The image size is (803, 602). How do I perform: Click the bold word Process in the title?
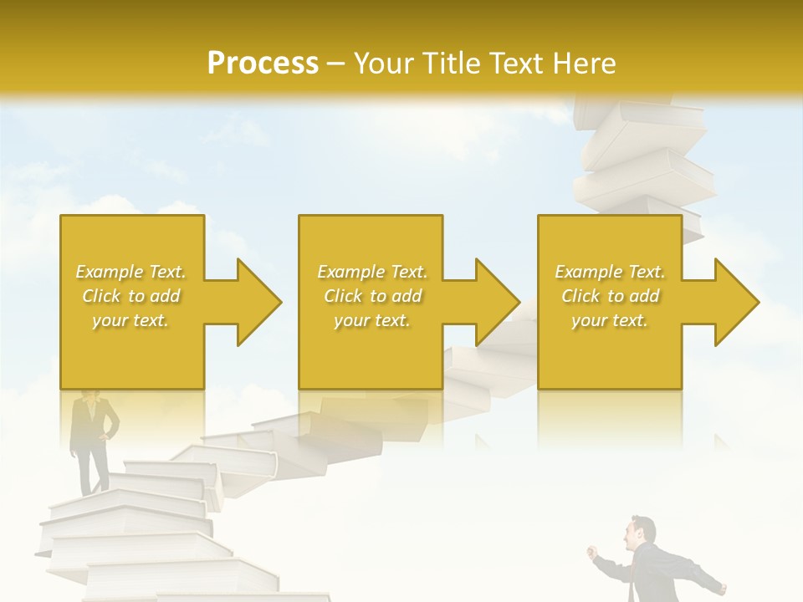click(x=263, y=64)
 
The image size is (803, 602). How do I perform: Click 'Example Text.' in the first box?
click(x=130, y=272)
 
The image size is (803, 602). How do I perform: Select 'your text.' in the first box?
click(x=130, y=320)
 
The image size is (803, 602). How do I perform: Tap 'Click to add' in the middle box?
click(x=371, y=296)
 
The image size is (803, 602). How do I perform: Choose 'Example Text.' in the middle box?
click(x=371, y=272)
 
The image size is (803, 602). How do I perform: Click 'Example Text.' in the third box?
click(x=610, y=272)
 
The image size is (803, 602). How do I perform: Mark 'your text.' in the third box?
click(x=610, y=320)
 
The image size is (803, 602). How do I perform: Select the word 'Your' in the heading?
click(x=381, y=64)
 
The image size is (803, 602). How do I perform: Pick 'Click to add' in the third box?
click(x=610, y=296)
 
